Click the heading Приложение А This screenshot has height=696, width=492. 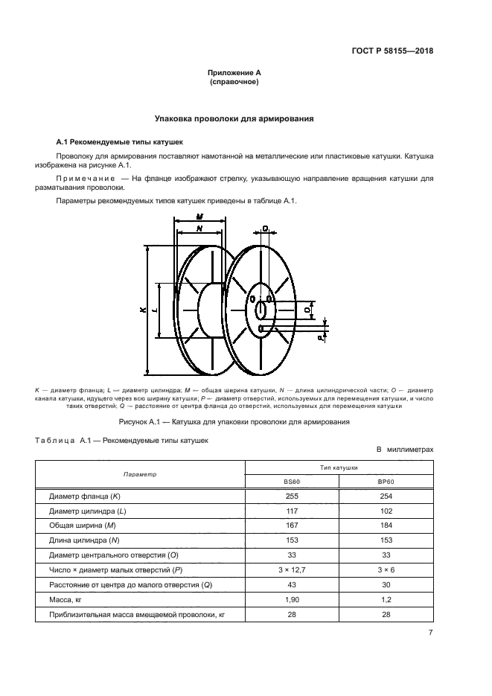point(234,73)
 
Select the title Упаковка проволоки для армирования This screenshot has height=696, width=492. point(234,118)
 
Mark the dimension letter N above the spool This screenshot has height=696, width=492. point(199,229)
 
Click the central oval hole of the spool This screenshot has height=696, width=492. point(261,308)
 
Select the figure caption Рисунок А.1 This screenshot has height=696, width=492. point(234,422)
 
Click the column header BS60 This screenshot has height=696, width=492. point(292,482)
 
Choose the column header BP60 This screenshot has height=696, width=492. point(386,482)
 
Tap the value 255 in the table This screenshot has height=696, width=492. point(292,496)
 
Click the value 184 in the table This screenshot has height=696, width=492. point(386,525)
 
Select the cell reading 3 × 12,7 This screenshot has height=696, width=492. point(292,569)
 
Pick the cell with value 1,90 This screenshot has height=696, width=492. point(292,598)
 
